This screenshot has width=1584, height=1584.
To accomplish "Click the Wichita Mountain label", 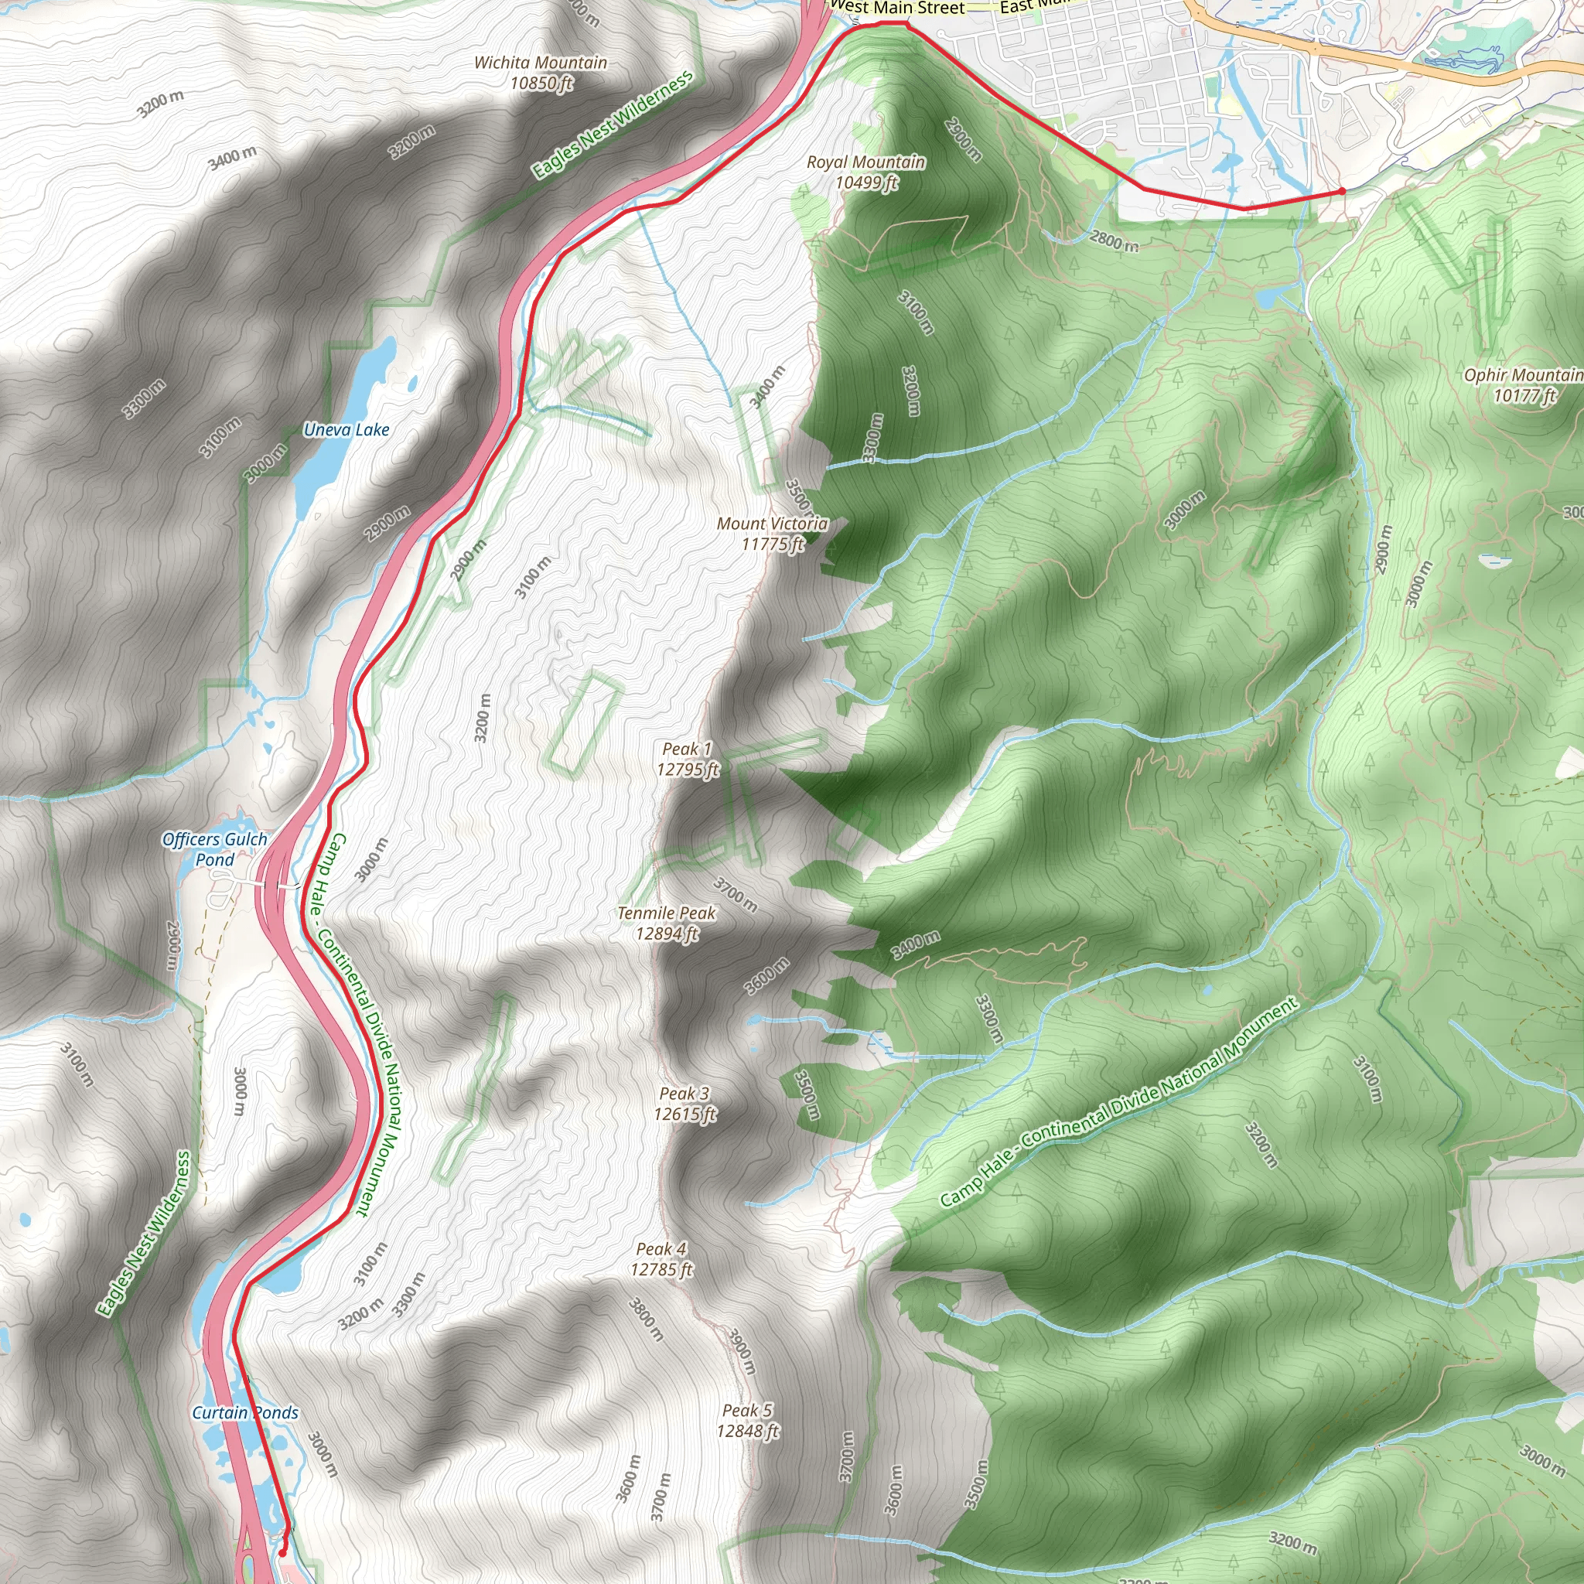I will click(541, 72).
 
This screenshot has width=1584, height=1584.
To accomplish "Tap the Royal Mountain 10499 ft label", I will click(865, 172).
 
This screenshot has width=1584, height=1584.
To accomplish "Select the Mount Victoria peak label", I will click(773, 533).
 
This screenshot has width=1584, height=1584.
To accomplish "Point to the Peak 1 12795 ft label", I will click(687, 759).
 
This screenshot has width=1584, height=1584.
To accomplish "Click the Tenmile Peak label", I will click(667, 923).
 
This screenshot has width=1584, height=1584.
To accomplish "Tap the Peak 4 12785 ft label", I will click(661, 1258).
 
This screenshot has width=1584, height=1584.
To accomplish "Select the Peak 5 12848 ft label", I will click(747, 1420).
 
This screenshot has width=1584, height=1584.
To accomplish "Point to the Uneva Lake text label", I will click(346, 429).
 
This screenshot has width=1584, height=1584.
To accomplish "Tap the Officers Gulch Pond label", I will click(214, 848).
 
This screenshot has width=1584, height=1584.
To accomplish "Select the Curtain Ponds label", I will click(245, 1412).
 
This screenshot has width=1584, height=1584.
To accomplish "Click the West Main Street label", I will click(897, 9).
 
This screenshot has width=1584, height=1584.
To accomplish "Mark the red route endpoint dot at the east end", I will click(1341, 191).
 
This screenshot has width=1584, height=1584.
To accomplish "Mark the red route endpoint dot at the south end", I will click(282, 1552).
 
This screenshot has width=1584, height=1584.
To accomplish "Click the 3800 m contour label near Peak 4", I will click(646, 1319).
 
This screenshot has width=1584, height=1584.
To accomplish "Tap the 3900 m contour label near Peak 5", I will click(741, 1351).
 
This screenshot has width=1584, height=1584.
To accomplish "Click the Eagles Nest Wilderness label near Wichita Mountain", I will click(613, 125).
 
